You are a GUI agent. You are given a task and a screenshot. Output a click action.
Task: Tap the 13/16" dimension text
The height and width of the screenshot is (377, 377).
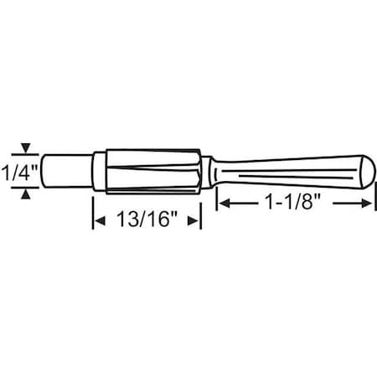click(x=147, y=220)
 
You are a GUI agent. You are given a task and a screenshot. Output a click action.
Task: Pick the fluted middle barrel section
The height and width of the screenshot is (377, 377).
click(x=151, y=172)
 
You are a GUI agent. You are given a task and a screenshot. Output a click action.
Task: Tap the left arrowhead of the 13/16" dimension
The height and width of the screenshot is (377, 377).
click(x=97, y=220)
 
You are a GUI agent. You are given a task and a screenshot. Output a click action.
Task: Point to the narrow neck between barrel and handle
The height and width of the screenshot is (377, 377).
click(x=209, y=172)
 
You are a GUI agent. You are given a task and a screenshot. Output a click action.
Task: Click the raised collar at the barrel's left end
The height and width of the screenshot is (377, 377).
click(x=99, y=172)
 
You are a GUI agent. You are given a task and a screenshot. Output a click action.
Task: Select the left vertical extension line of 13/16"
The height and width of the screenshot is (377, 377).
click(x=91, y=214)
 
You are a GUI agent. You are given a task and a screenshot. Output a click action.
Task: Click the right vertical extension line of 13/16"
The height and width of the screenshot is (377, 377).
click(x=201, y=214)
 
